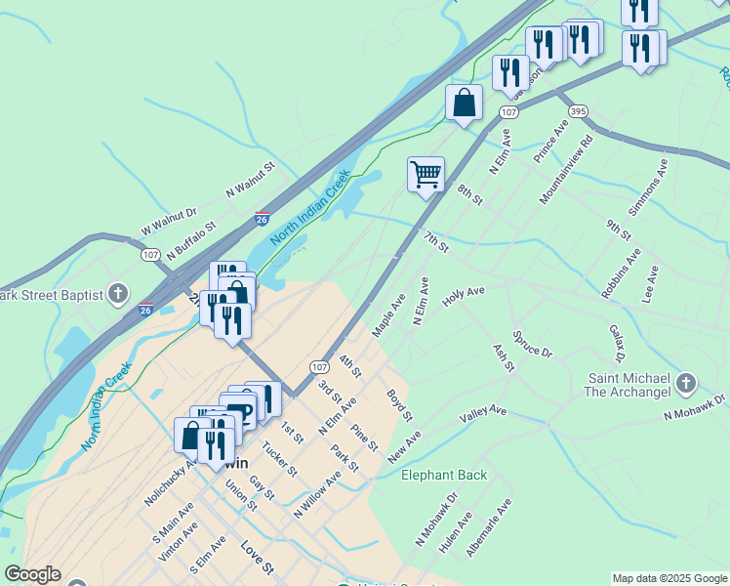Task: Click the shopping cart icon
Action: tap(426, 175)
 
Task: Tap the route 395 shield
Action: tap(579, 111)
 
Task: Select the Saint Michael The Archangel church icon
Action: tap(686, 383)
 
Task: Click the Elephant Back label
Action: tap(444, 476)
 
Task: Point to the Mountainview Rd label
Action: tap(566, 169)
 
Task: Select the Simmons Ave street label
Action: tap(648, 186)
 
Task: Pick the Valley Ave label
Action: tap(484, 416)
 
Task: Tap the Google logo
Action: tap(32, 574)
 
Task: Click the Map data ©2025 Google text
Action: tap(669, 578)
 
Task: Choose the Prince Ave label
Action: tap(550, 142)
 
